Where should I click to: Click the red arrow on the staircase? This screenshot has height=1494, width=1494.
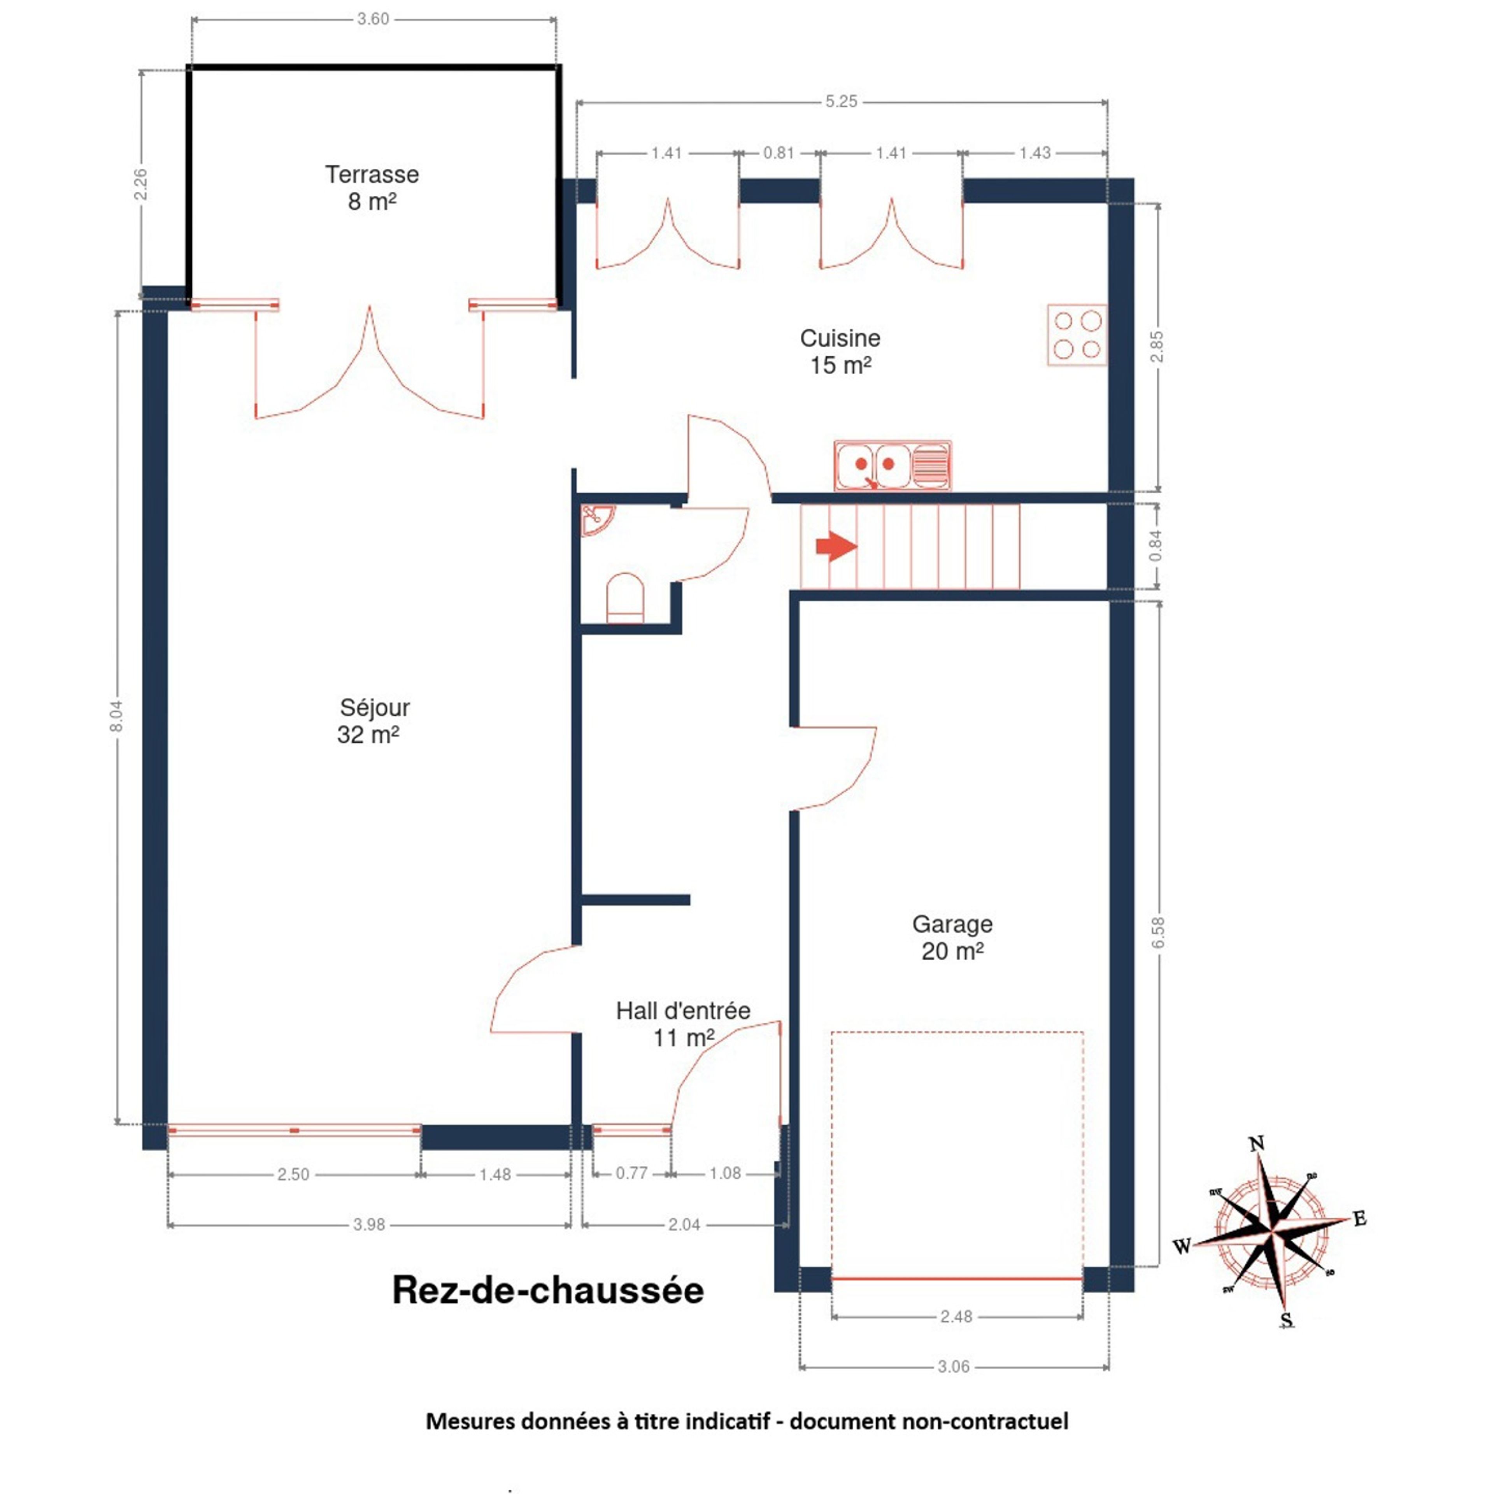pyautogui.click(x=836, y=547)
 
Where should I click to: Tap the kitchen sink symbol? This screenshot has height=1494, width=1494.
pyautogui.click(x=893, y=466)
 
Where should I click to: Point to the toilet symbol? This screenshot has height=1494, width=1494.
pyautogui.click(x=625, y=598)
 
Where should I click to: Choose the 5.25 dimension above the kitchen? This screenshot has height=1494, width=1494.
pyautogui.click(x=841, y=101)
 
